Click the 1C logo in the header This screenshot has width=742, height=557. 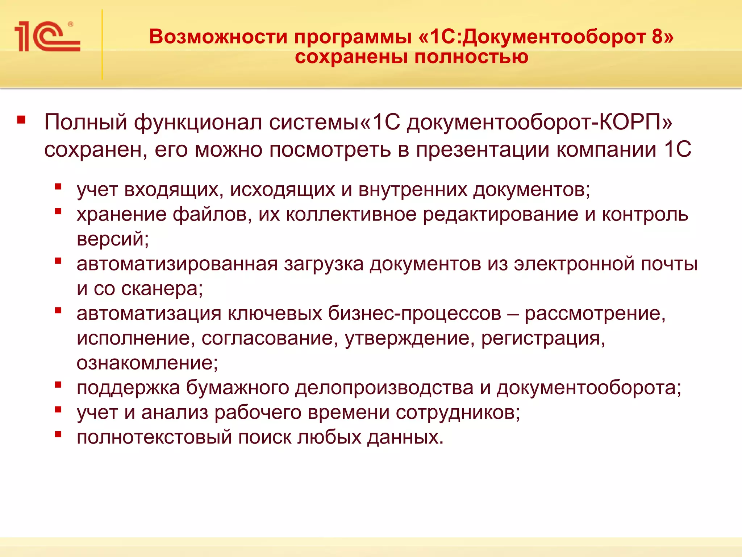click(47, 36)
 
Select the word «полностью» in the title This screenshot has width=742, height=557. click(471, 57)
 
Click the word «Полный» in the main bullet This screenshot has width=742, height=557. click(86, 122)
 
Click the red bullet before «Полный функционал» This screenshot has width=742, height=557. click(21, 120)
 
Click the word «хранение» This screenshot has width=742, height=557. click(121, 214)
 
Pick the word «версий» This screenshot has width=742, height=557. click(111, 239)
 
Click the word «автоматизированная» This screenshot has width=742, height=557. click(177, 264)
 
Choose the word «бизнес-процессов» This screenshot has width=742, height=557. click(414, 313)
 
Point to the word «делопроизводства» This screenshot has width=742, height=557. click(384, 388)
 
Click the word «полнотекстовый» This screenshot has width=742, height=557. click(154, 437)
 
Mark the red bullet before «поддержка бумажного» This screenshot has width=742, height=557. click(58, 385)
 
